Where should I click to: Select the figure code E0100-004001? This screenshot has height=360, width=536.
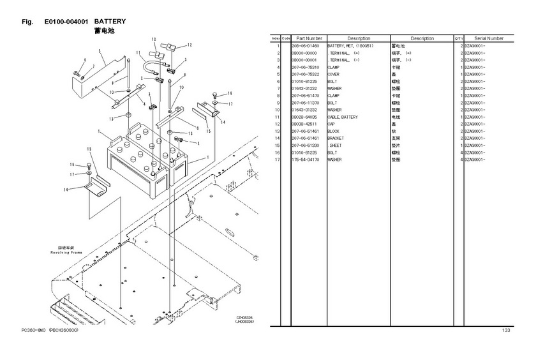(66, 21)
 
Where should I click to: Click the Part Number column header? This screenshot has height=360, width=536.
(309, 38)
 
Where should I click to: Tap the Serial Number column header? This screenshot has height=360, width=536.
(489, 38)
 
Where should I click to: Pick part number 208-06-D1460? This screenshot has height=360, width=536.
(305, 46)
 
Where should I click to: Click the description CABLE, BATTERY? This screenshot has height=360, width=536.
(343, 117)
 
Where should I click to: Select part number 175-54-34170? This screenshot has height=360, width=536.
(305, 160)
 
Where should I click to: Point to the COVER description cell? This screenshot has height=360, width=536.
(334, 75)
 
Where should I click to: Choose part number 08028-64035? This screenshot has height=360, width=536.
(305, 117)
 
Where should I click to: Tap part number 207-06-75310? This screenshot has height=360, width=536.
(305, 67)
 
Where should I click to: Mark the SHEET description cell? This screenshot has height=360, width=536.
(336, 146)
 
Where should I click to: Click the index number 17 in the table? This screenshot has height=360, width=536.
(278, 160)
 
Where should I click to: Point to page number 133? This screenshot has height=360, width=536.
(506, 330)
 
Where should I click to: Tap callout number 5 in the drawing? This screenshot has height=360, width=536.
(100, 50)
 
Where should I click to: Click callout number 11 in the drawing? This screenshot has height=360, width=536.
(138, 53)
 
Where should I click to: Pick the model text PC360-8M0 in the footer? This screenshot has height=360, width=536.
(33, 330)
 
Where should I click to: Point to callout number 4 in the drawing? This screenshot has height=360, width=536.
(145, 103)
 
